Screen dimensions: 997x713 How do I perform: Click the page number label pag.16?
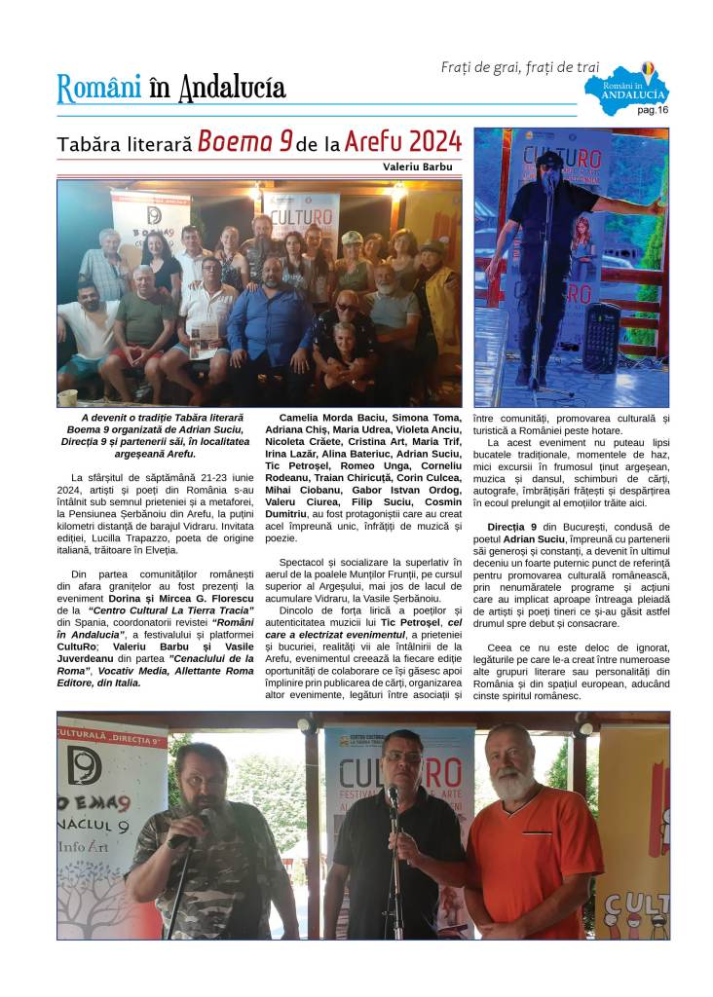pyautogui.click(x=653, y=110)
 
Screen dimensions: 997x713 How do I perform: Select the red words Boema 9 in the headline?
pyautogui.click(x=245, y=142)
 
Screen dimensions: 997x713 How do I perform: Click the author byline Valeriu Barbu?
pyautogui.click(x=418, y=166)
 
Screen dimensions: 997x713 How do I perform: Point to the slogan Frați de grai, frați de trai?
pyautogui.click(x=520, y=67)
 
